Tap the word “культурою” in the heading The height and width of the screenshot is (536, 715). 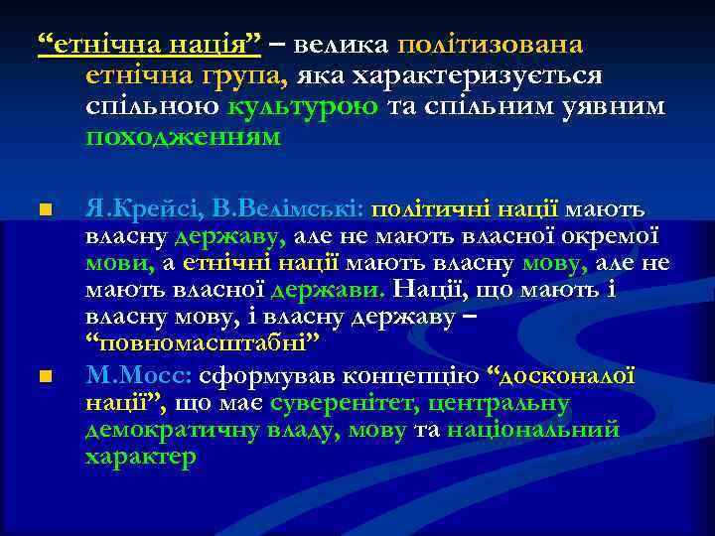click(x=302, y=107)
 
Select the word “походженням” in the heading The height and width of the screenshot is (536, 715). click(x=184, y=138)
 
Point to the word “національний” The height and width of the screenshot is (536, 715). click(x=533, y=431)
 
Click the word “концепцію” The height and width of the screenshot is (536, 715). click(x=420, y=377)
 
